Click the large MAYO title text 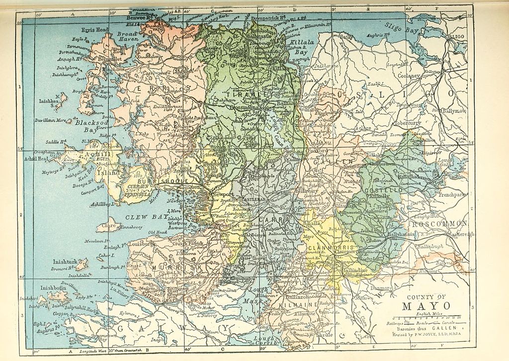click(417, 305)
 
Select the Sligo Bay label click(401, 26)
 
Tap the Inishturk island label click(64, 262)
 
